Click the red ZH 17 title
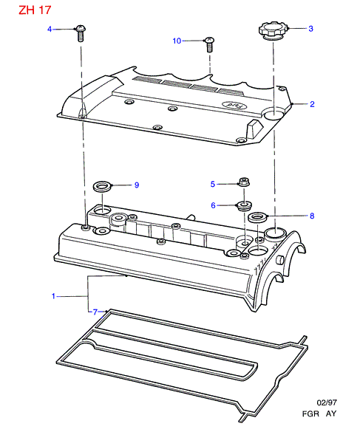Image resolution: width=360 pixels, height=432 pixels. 35,10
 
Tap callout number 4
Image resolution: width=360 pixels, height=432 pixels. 50,29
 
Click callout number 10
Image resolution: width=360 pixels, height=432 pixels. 177,41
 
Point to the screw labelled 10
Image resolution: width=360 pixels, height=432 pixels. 209,44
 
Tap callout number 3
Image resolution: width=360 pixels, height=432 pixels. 310,28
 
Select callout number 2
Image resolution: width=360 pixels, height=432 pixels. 312,104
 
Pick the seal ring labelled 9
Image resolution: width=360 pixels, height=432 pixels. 102,187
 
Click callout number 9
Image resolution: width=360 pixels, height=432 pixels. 137,185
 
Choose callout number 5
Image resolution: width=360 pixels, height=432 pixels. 213,184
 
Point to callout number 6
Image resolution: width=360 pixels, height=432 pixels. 213,205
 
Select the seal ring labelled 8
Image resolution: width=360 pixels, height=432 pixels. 258,217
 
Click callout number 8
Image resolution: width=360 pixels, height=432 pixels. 312,216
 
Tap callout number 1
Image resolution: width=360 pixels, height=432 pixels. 53,296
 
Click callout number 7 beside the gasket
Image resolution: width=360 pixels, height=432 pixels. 95,312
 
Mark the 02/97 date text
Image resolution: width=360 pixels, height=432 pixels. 327,402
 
